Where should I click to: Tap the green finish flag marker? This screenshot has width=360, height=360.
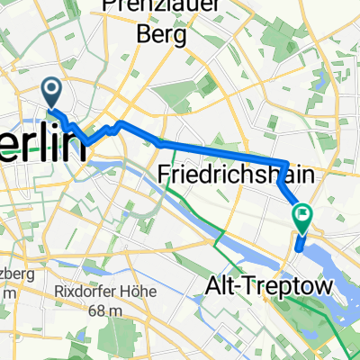pyautogui.click(x=301, y=214)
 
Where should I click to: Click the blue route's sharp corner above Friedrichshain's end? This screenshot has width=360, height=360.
pyautogui.click(x=286, y=164)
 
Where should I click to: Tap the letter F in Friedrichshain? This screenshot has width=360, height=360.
pyautogui.click(x=166, y=173)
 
